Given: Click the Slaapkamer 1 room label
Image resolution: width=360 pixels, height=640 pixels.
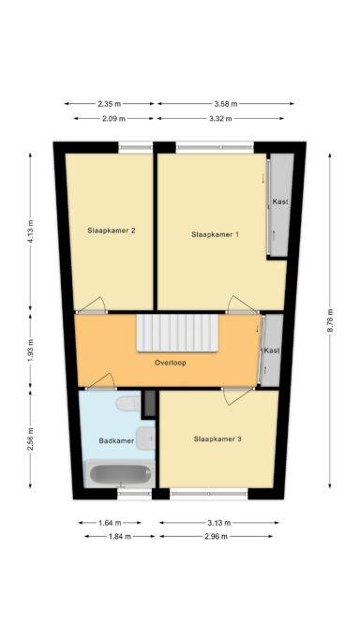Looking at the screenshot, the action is coord(215,234).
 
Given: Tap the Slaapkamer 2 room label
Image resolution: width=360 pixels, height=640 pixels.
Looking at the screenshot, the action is coord(112,231).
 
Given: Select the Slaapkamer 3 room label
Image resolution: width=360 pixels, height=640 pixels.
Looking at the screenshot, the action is coord(217,439).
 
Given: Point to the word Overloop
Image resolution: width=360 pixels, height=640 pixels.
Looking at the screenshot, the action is coord(171,363).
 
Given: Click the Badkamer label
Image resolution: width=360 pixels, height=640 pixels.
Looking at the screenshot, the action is coord(116,440).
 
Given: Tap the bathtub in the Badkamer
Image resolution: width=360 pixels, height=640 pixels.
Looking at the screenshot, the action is coord(120,474).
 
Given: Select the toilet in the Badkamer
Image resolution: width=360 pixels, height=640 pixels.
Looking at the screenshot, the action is coord(128,403).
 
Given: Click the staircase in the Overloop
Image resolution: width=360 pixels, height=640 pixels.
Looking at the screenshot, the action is coord(177,333).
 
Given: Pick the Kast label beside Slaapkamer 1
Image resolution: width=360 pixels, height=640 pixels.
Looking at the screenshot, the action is coord(280,201).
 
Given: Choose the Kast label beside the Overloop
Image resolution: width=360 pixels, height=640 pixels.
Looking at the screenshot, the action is coord(272,350).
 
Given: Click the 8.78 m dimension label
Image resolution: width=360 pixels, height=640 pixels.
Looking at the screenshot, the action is coord(330,320).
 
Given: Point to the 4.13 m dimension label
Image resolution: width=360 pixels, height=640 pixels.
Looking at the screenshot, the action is coord(30,231).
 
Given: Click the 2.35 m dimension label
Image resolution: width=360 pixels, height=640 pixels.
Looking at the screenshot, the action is coord(110,104).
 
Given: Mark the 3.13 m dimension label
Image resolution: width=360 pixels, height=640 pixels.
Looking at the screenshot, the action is coord(219,523).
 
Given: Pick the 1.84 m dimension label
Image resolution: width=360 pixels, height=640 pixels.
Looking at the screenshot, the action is coord(120,536).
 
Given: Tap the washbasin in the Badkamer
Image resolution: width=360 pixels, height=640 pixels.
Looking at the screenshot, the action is coord(145,438).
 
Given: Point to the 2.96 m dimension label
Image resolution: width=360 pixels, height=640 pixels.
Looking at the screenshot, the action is coord(216,536).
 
